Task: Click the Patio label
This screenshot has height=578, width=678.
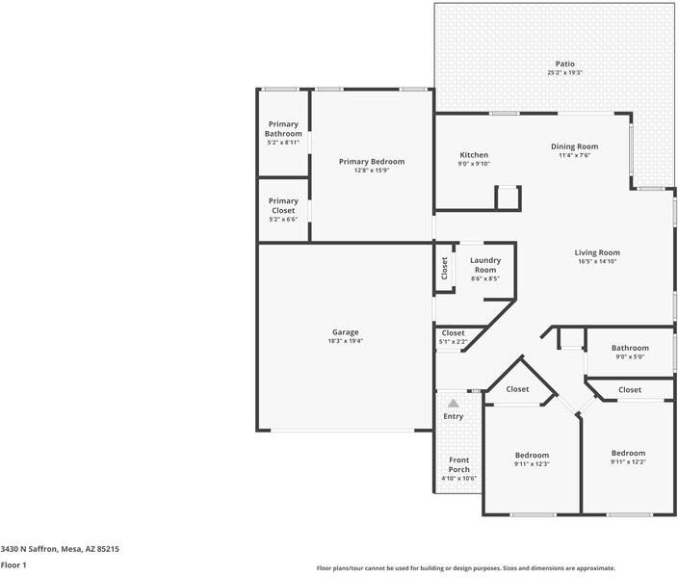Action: (x=564, y=64)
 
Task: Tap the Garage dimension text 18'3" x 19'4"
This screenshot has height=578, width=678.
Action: (x=345, y=341)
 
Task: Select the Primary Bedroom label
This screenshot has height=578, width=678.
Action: (x=372, y=161)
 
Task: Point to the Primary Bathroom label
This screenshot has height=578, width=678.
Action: (x=283, y=129)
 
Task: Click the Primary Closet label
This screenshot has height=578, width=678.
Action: (x=283, y=205)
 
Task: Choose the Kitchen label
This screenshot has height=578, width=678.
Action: (x=474, y=154)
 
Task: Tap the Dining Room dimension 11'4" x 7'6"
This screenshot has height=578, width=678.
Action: (x=575, y=155)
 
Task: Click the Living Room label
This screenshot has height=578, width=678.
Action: (x=597, y=252)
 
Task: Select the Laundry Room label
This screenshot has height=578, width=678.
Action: (x=485, y=265)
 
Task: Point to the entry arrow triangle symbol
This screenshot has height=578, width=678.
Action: (x=454, y=404)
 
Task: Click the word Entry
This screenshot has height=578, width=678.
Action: (x=454, y=416)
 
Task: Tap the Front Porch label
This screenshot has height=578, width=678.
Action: (x=459, y=464)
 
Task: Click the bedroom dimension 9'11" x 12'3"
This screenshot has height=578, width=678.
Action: (x=532, y=464)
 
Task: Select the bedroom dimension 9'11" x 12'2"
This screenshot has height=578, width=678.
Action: (x=628, y=461)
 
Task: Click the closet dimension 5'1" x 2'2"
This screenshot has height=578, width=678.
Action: (x=454, y=342)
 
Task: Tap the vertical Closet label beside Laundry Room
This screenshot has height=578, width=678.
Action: (x=444, y=267)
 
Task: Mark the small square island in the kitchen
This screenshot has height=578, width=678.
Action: (x=508, y=197)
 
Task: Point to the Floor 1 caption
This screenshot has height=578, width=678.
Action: (x=13, y=565)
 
